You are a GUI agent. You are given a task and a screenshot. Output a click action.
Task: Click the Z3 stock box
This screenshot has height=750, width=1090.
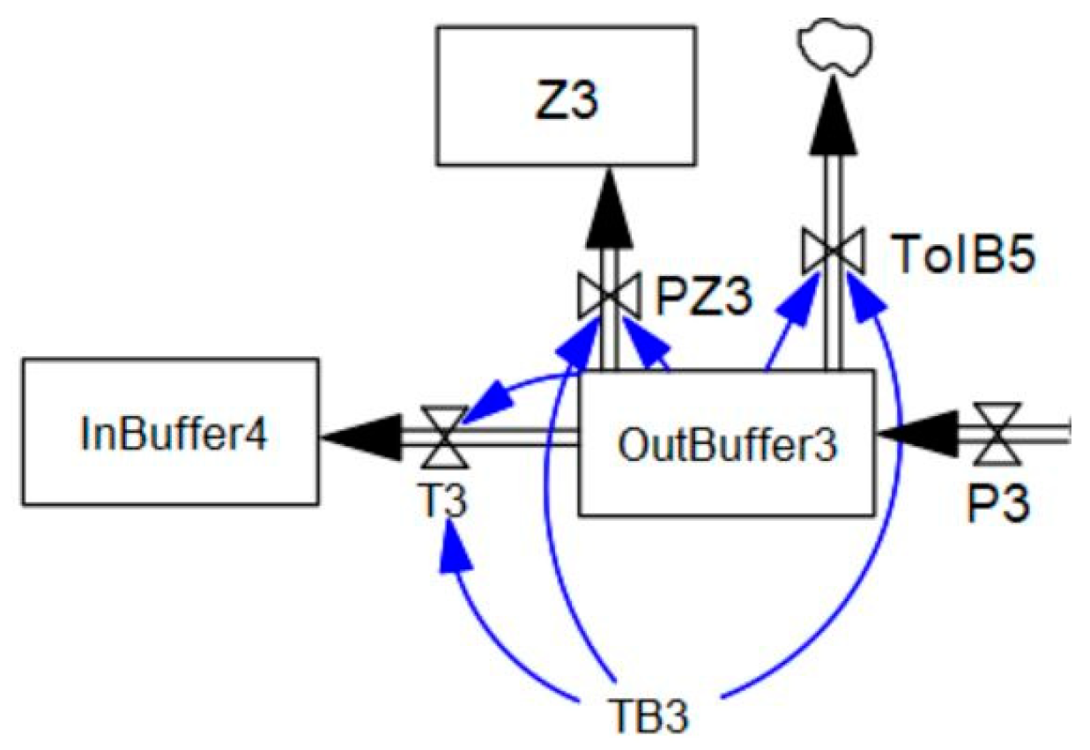coord(567,96)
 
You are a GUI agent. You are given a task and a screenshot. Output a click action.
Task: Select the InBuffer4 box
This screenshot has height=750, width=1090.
coord(170,431)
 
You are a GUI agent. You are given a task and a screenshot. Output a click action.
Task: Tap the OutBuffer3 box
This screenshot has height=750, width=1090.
coord(726,442)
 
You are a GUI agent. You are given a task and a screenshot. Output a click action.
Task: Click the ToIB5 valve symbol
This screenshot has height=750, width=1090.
coord(833,251)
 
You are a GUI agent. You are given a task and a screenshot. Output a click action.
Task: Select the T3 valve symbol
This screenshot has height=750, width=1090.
coord(439,436)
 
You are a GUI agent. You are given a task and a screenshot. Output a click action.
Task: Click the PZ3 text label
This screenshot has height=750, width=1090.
coord(705,300)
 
